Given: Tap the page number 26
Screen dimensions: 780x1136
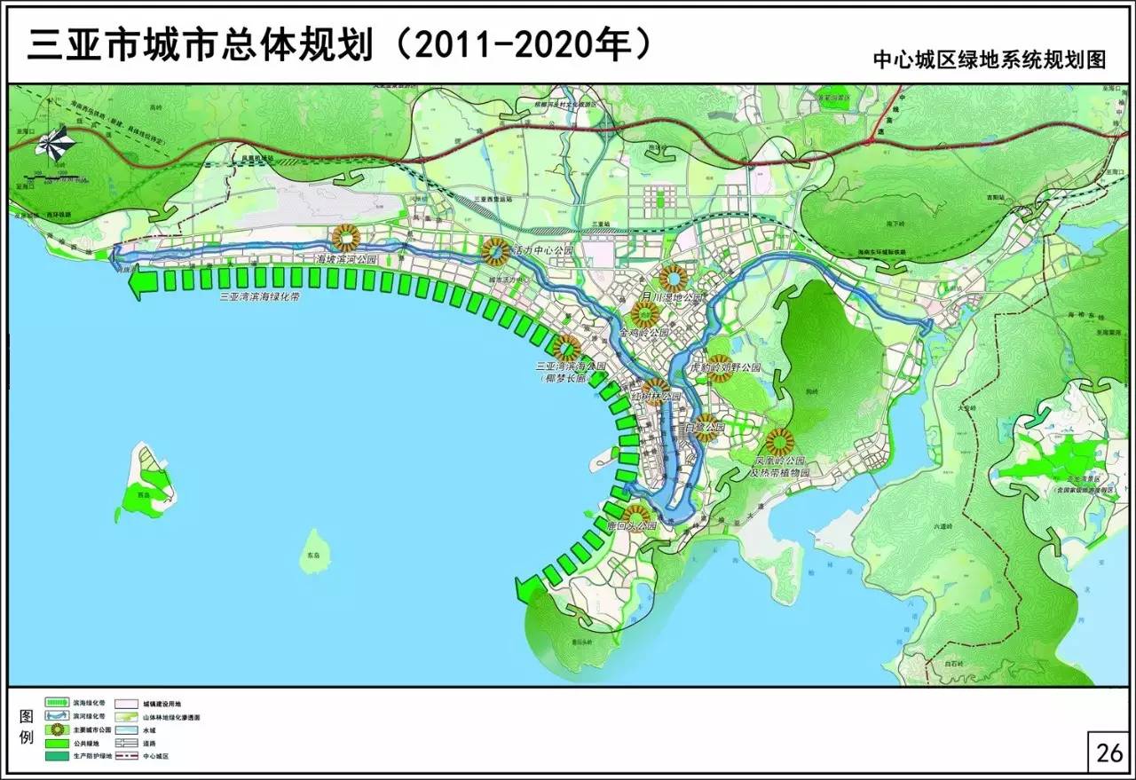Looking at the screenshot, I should [x=1109, y=753].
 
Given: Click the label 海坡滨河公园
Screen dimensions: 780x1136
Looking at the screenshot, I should [x=348, y=260].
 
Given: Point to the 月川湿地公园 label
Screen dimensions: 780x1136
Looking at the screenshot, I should [x=672, y=298].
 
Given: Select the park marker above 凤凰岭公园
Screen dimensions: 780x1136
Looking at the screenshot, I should [x=779, y=441].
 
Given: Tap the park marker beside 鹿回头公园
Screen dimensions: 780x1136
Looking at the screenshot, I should [x=635, y=514].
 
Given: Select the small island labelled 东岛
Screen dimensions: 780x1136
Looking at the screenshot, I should [x=312, y=547].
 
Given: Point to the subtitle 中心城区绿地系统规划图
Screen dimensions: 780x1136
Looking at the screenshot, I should [x=990, y=59].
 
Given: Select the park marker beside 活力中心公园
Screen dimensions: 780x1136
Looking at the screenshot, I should [x=495, y=251].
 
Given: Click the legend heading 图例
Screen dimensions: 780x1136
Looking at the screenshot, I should [x=25, y=728].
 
